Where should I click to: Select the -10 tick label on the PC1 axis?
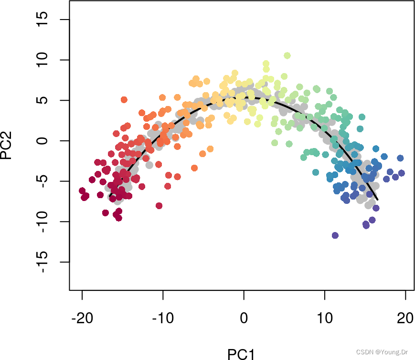coord(163,318)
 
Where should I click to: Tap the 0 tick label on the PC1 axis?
coord(244,318)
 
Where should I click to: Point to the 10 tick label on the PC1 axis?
coord(325,318)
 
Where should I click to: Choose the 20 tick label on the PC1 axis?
coord(405,318)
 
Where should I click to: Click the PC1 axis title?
coord(241,354)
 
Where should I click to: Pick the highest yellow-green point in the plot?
coord(287,56)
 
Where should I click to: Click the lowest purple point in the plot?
coord(335,235)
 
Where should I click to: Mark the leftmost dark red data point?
coord(82,191)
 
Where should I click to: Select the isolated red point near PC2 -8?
coord(159,206)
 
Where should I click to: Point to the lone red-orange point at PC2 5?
coord(124,100)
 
